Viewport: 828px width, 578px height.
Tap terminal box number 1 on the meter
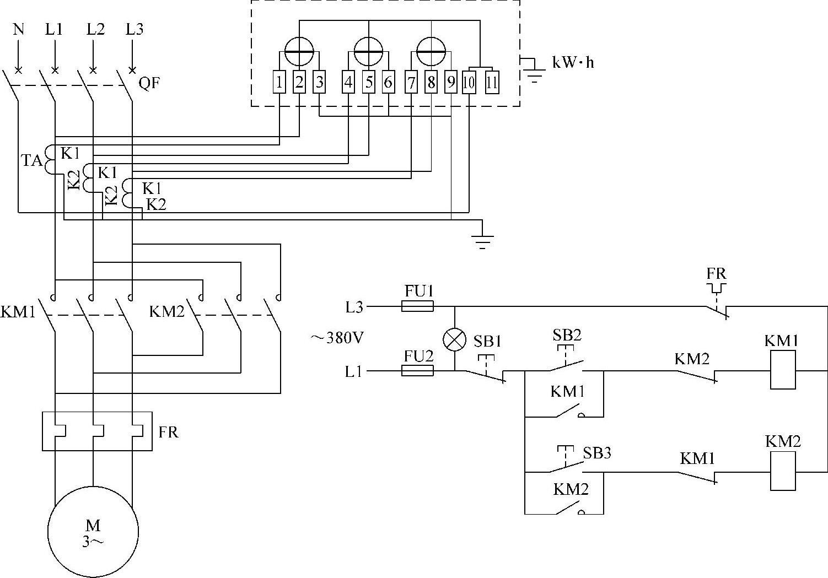pos(279,83)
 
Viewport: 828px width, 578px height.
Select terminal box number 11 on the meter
pos(492,83)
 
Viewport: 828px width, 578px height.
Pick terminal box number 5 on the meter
pos(368,83)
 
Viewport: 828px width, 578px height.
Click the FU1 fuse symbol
pos(417,306)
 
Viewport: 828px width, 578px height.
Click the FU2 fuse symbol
pos(417,371)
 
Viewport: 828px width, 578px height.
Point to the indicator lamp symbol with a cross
pos(455,339)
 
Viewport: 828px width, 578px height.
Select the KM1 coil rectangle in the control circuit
pos(783,371)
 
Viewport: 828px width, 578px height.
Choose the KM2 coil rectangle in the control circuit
pos(783,472)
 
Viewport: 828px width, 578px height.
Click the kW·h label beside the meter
pos(573,62)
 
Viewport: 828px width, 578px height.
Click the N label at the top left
pos(19,29)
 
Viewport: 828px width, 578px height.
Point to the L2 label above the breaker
pos(95,29)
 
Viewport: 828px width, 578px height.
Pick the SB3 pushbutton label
pos(597,453)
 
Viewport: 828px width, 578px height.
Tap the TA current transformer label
pos(31,161)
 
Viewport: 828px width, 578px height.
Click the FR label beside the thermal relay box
pos(168,432)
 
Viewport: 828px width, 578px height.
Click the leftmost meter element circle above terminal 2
pos(299,51)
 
